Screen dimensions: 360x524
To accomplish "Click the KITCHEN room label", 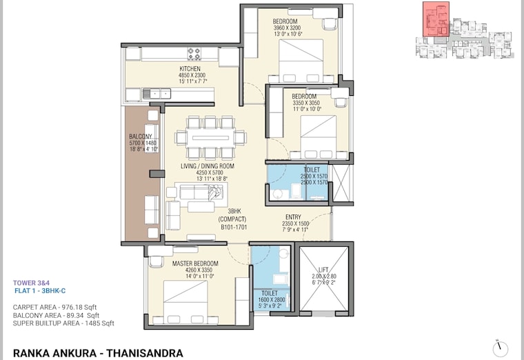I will coord(190,69).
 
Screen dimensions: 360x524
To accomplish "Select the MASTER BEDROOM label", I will coord(195,263).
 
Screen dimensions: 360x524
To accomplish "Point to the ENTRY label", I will coord(293,217).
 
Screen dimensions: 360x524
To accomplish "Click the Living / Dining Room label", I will coord(208,166).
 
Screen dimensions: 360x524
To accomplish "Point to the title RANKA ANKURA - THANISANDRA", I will coord(98,352).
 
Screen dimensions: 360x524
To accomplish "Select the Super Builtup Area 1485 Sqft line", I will coord(63,323).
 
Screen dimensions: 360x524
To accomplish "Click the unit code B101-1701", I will coord(234,226).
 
